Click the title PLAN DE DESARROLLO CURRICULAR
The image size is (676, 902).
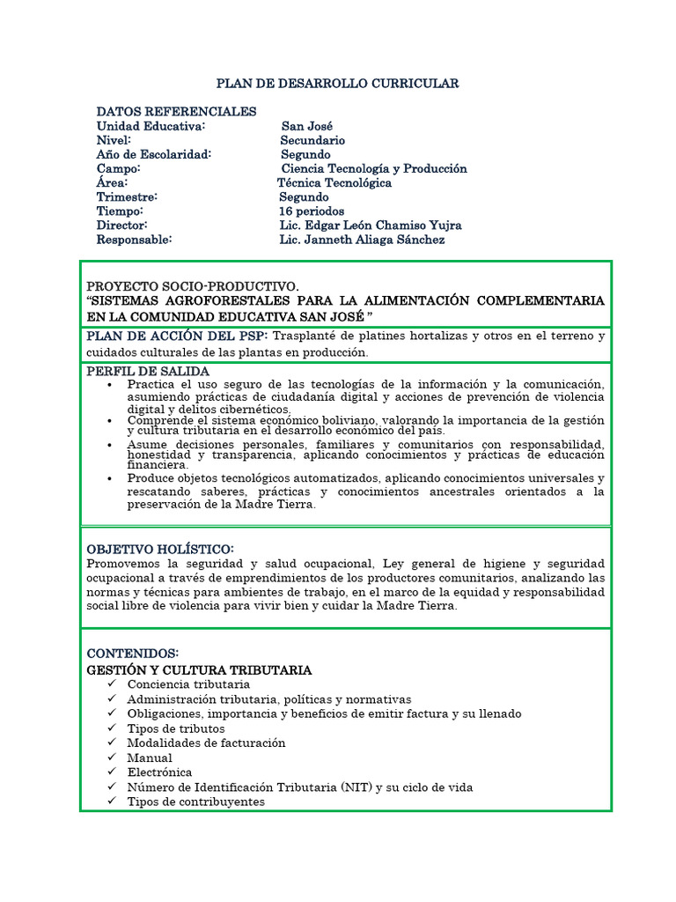coord(338,84)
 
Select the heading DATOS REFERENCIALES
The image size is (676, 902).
coord(176,112)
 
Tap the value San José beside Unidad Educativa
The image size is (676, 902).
coord(307,126)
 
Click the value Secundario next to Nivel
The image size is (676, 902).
coord(312,140)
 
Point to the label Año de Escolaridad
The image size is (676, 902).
coord(154,154)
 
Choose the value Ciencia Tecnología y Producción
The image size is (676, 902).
coord(374,168)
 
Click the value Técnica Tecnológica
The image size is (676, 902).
coord(334,183)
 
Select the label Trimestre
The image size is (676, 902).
coord(127,197)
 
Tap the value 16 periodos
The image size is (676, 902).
coord(312,211)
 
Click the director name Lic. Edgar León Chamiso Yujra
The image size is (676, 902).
coord(371,225)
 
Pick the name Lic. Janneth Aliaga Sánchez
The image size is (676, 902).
coord(362,240)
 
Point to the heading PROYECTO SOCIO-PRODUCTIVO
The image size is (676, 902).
coord(193,287)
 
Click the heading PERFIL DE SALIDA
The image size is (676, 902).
coord(148,372)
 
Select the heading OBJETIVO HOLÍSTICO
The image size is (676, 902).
coord(160,550)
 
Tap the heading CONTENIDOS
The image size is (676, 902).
coord(132,654)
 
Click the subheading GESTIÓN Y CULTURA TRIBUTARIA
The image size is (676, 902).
coord(199,669)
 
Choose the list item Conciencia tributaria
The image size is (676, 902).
coord(188,684)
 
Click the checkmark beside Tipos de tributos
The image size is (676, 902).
coord(111,728)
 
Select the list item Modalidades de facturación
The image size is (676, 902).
coord(206,743)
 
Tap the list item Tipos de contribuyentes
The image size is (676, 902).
coord(195,802)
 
